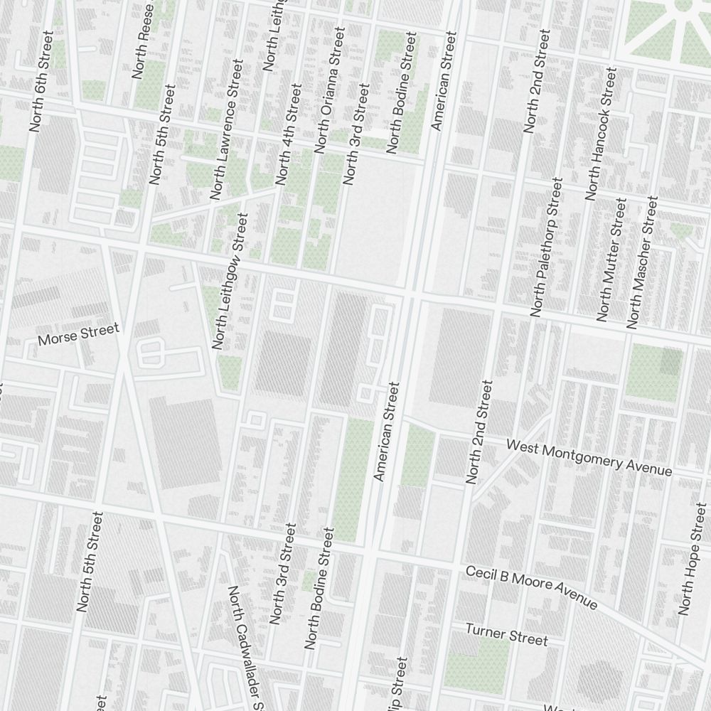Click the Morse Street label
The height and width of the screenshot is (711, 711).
tap(78, 334)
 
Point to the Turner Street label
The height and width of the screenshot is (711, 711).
tap(506, 635)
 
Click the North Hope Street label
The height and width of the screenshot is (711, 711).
tap(693, 559)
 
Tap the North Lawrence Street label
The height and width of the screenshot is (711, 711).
tap(227, 129)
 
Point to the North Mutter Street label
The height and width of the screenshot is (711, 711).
tap(612, 260)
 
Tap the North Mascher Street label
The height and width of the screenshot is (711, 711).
tap(641, 262)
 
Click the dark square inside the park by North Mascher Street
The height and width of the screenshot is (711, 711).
tap(670, 361)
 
